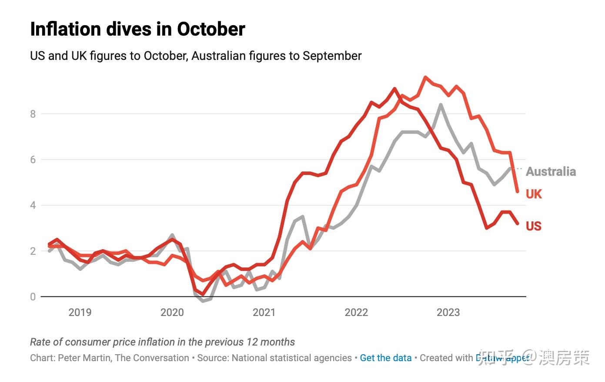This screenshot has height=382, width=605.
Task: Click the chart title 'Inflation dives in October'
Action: (x=137, y=29)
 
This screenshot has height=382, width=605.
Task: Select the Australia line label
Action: (x=551, y=171)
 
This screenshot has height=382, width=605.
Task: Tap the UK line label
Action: (x=534, y=194)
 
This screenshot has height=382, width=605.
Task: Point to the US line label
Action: (x=533, y=226)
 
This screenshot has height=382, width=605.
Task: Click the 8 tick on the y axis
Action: (x=33, y=114)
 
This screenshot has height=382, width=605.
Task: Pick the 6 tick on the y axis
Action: (x=33, y=160)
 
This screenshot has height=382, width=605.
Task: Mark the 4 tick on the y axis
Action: (x=33, y=205)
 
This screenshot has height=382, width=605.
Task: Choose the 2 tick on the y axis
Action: (x=33, y=251)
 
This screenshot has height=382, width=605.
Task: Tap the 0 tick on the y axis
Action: (x=33, y=297)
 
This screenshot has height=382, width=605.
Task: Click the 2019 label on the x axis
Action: (x=80, y=313)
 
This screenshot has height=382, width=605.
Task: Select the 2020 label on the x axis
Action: (x=172, y=313)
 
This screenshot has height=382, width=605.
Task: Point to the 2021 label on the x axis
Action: (x=264, y=313)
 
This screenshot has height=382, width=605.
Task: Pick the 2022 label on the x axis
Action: (x=356, y=313)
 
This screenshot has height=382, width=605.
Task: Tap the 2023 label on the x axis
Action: (x=448, y=313)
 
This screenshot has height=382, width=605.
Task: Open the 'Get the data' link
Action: (x=386, y=358)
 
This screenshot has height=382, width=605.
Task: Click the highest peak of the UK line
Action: (x=425, y=78)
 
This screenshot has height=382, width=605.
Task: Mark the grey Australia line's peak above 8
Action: (x=441, y=105)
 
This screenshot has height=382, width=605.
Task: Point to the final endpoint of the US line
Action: (x=517, y=224)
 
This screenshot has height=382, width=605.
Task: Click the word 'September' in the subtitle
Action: (x=332, y=56)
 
